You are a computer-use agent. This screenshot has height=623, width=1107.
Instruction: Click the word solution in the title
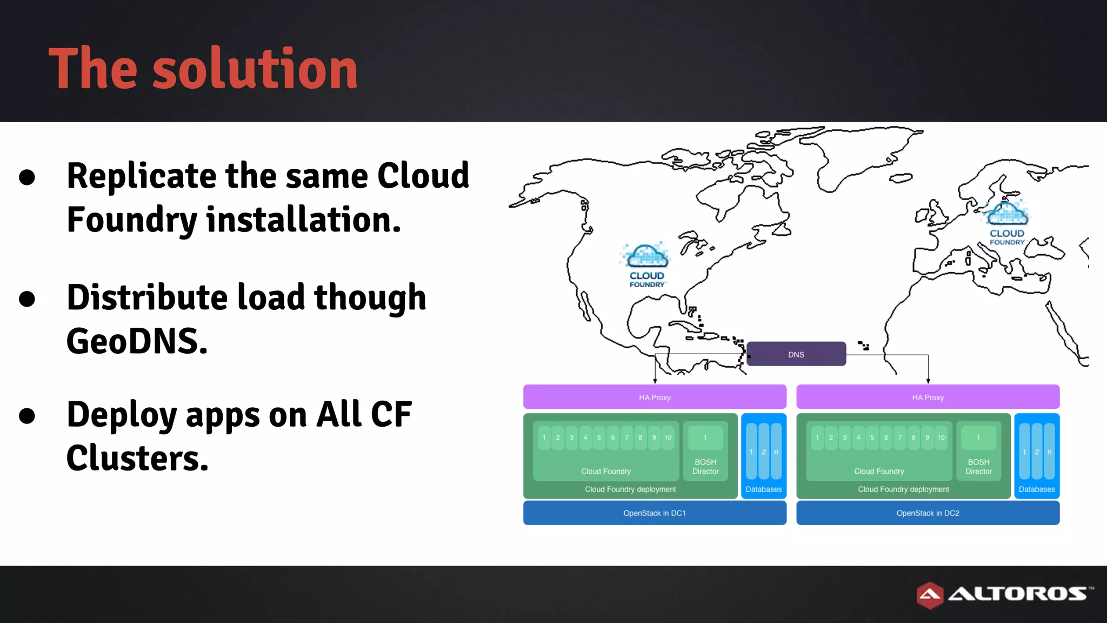click(x=255, y=69)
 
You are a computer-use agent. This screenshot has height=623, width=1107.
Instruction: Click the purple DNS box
click(x=796, y=354)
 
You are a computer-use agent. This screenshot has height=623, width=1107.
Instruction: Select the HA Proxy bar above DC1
click(x=654, y=397)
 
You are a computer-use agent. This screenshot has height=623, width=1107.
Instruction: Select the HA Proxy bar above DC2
click(x=928, y=397)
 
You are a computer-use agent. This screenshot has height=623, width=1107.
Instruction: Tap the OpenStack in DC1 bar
click(x=654, y=513)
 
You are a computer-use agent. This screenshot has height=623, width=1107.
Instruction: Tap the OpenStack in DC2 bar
click(x=928, y=513)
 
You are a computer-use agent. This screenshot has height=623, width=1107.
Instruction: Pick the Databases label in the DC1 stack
click(x=763, y=489)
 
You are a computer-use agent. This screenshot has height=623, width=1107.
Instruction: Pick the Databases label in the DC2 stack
click(x=1036, y=489)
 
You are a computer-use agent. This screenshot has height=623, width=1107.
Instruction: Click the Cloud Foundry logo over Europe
click(x=1006, y=222)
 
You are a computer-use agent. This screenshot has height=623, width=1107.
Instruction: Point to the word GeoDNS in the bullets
click(x=137, y=341)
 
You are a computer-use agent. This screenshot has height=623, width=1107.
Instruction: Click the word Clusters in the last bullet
click(x=137, y=458)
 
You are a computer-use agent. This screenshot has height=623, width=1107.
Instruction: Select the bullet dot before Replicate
click(x=27, y=177)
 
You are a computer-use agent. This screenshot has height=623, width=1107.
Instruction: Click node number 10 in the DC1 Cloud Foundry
click(x=668, y=438)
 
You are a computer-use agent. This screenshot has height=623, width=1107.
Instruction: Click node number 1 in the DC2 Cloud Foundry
click(x=817, y=438)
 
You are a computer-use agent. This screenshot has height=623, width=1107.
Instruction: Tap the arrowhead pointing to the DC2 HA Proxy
click(x=928, y=381)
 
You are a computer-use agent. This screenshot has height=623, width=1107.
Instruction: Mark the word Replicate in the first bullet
click(x=142, y=176)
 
